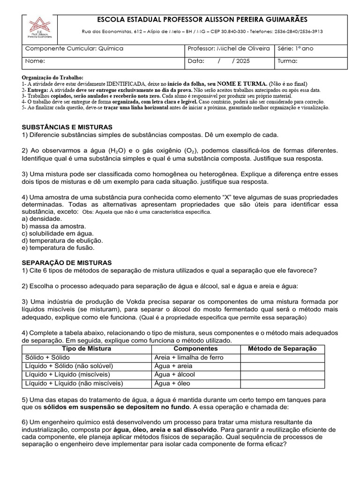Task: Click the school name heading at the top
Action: pos(202,19)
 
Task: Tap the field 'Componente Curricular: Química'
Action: pos(74,48)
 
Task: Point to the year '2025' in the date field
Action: pos(243,61)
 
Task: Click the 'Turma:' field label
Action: pos(287,61)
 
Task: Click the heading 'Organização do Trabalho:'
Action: pos(52,77)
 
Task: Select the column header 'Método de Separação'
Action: pos(282,349)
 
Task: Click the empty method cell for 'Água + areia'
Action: pos(282,366)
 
